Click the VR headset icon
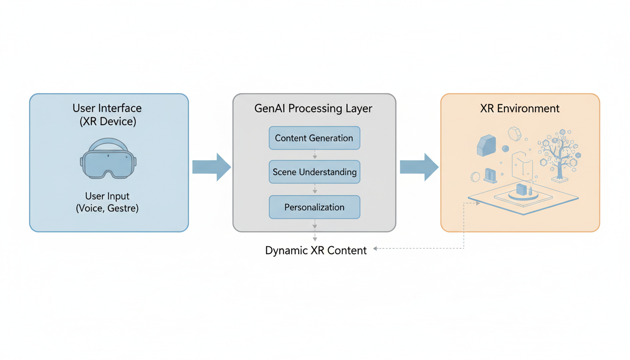[108, 159]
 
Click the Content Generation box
[314, 138]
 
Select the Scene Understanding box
[314, 172]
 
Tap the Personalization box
[314, 207]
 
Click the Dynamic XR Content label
[315, 250]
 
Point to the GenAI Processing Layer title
[313, 109]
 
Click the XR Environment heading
[519, 109]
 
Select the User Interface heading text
[107, 108]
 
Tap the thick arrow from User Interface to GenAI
[211, 167]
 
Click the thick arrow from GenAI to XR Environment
[419, 167]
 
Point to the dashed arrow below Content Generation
[315, 155]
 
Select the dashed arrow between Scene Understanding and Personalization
[315, 189]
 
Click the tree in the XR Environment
[559, 155]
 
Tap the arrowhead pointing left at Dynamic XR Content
[376, 249]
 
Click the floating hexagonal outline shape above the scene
[514, 134]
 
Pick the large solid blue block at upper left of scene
[486, 145]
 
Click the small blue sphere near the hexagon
[505, 149]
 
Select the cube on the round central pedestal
[521, 189]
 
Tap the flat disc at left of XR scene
[475, 177]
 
